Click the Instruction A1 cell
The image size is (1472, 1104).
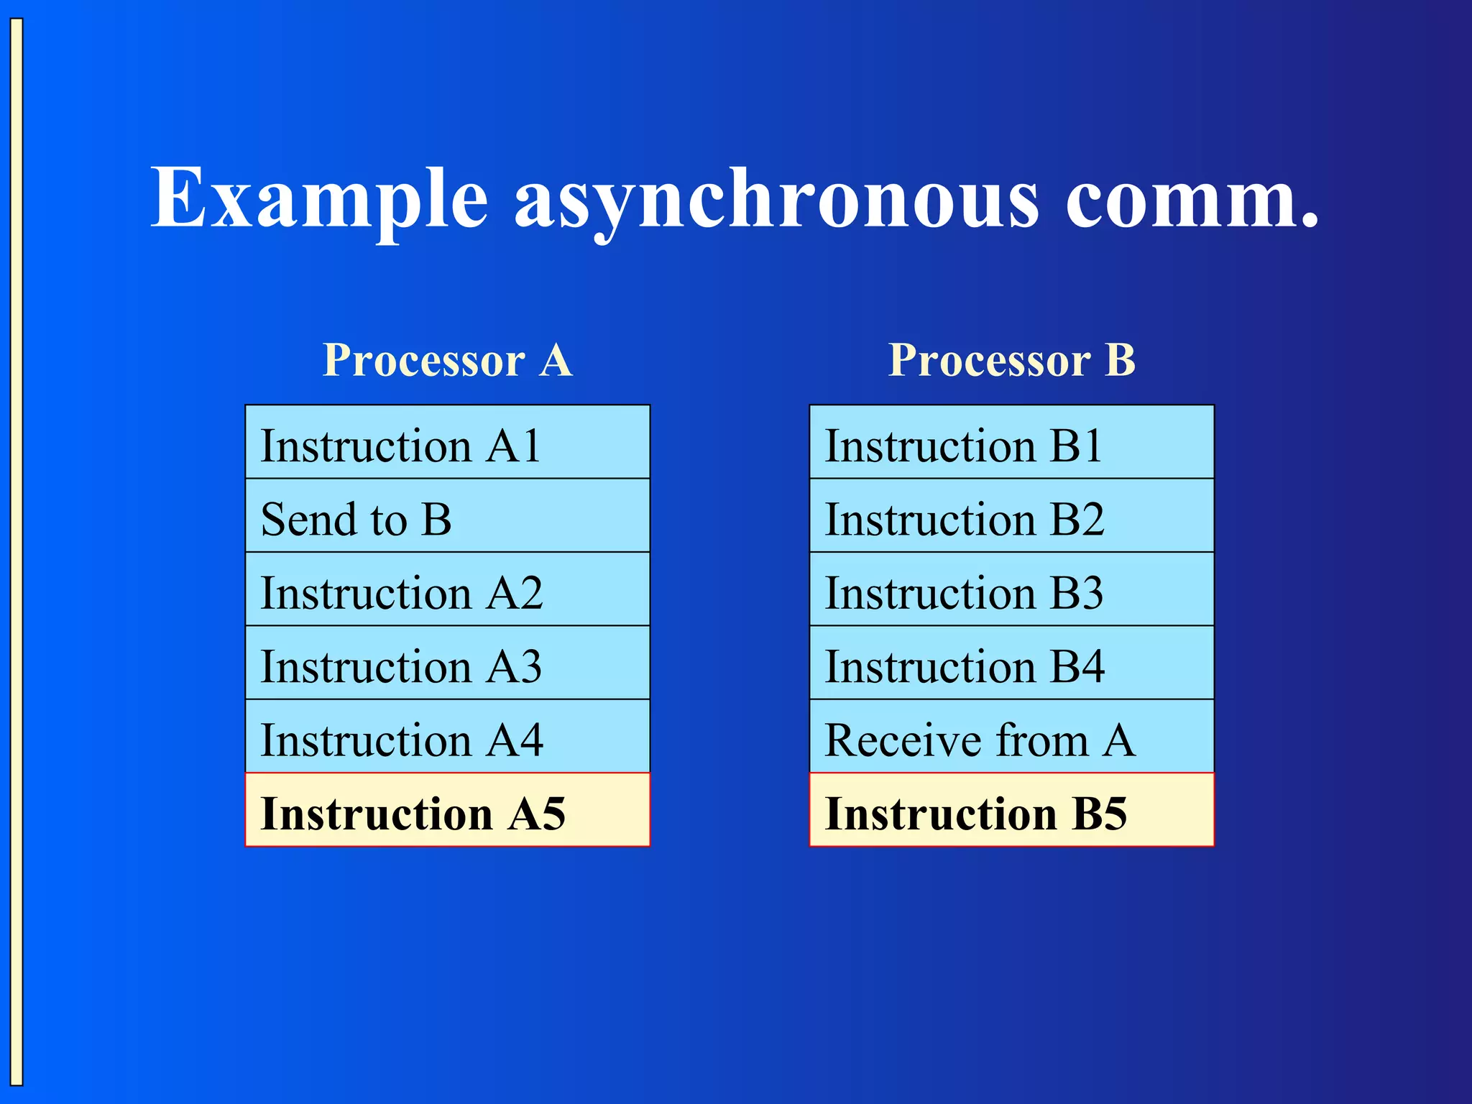tap(447, 443)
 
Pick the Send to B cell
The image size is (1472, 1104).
tap(447, 516)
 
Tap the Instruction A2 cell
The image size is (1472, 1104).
tap(447, 590)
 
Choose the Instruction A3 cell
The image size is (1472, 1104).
tap(447, 663)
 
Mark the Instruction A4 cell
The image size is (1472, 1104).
tap(447, 737)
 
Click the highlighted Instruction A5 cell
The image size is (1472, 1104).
tap(447, 811)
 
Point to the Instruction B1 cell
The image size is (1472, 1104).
tap(1011, 443)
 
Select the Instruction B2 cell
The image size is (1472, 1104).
tap(1011, 516)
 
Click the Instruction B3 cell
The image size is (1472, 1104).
tap(1011, 590)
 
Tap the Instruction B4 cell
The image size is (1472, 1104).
tap(1011, 663)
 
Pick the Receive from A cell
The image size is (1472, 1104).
tap(1011, 737)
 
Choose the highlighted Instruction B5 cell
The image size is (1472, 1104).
tap(1011, 811)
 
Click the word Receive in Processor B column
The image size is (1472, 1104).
tap(904, 740)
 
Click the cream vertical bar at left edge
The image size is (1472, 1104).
tap(17, 552)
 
